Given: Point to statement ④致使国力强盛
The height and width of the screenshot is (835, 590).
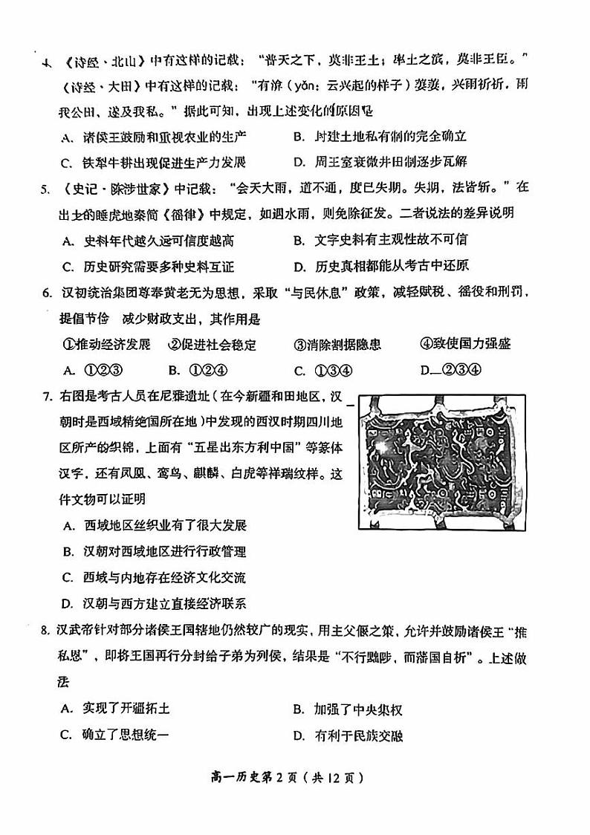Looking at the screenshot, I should click(465, 345).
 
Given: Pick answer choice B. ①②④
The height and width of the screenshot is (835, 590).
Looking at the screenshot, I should click(197, 371).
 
